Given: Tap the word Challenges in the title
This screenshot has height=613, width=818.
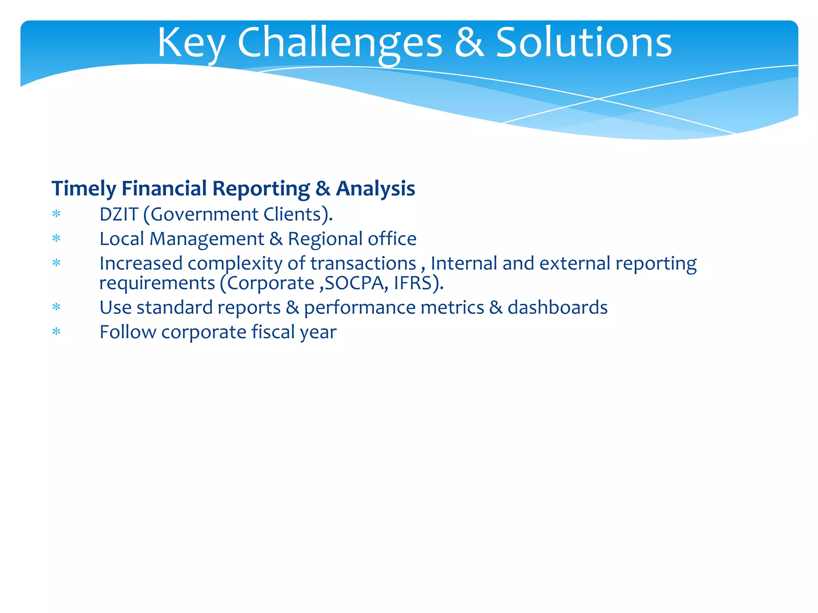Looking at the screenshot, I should [340, 43].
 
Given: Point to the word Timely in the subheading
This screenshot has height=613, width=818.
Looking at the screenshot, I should [83, 189].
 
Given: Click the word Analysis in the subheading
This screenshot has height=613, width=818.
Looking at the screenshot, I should [375, 188].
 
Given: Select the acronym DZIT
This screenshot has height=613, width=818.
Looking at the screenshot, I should [119, 214].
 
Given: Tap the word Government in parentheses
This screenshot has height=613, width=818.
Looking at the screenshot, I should [204, 214].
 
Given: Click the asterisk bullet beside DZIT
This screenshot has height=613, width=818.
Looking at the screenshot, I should [56, 215].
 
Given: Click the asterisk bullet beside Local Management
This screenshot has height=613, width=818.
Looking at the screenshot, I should [56, 239].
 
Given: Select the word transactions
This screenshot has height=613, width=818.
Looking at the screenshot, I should [363, 263].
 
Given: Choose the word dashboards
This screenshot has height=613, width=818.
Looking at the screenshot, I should [557, 308].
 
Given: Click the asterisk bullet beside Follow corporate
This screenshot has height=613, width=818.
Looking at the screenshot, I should [56, 332].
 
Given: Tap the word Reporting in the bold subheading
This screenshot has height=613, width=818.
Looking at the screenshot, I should [261, 189].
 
